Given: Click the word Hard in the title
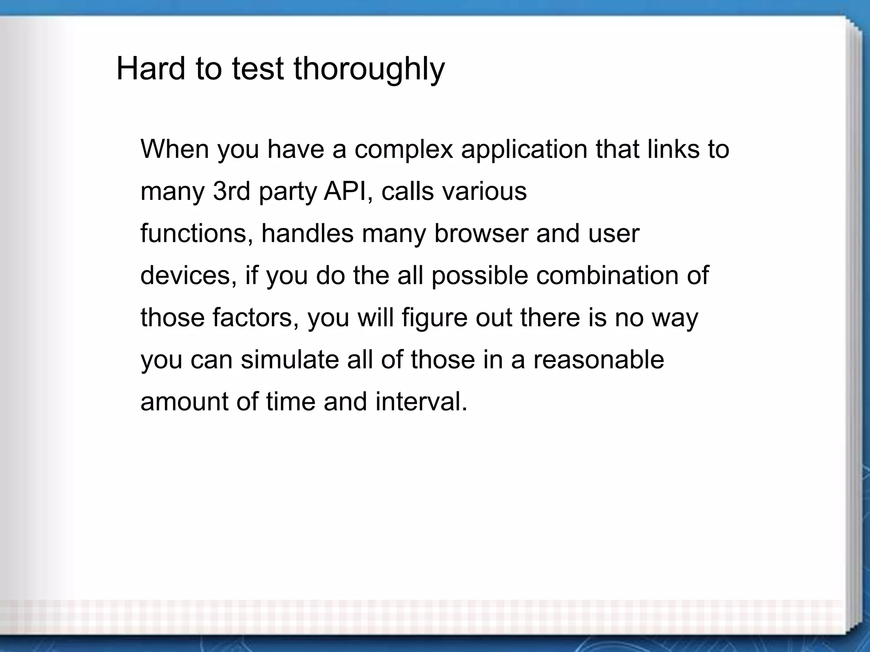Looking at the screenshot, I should (x=151, y=68).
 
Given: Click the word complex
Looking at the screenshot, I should (x=404, y=150).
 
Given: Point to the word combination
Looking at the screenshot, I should (x=607, y=275).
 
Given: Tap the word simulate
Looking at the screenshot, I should (x=289, y=360).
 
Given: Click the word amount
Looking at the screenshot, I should (x=184, y=402).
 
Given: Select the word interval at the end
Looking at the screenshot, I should (x=421, y=402).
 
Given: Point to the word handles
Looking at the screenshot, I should (x=307, y=233).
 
